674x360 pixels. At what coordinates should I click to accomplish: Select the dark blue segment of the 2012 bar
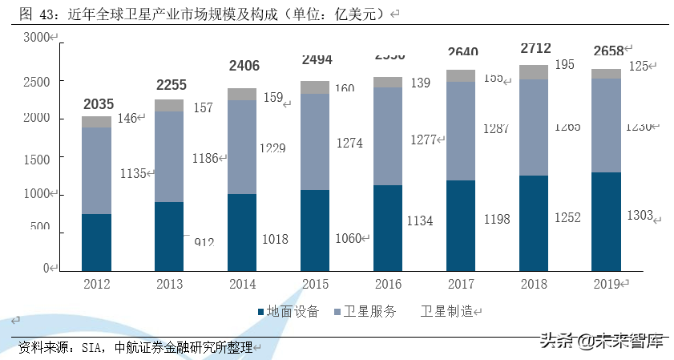tap(96, 242)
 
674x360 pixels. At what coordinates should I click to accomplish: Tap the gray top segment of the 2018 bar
tap(534, 72)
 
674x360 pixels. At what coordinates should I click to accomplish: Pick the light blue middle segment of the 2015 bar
tap(315, 142)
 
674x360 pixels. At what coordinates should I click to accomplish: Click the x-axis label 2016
tap(388, 284)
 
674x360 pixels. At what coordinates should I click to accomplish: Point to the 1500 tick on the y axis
tap(36, 158)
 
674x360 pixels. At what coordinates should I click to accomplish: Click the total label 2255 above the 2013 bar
tap(171, 85)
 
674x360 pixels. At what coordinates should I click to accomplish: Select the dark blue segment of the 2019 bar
tap(607, 221)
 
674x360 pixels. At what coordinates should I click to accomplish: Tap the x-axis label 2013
tap(169, 284)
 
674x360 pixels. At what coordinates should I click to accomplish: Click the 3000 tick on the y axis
tap(36, 38)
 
